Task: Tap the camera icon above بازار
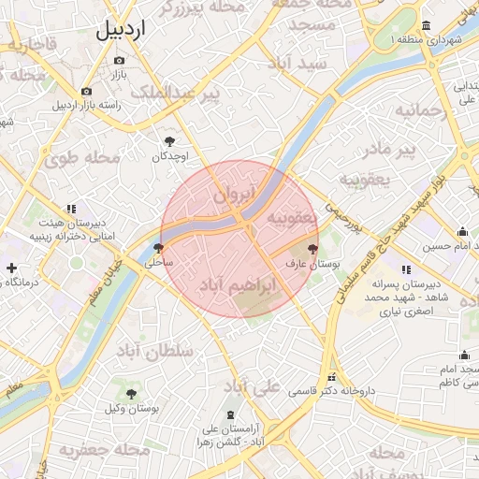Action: (x=119, y=60)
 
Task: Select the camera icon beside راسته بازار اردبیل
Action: (x=86, y=92)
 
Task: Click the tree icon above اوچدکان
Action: (x=169, y=141)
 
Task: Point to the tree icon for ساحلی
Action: (x=157, y=249)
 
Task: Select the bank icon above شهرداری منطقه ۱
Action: (x=427, y=25)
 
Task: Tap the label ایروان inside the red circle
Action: (x=234, y=196)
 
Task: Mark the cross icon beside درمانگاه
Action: (x=10, y=269)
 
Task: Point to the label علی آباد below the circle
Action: (x=252, y=386)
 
